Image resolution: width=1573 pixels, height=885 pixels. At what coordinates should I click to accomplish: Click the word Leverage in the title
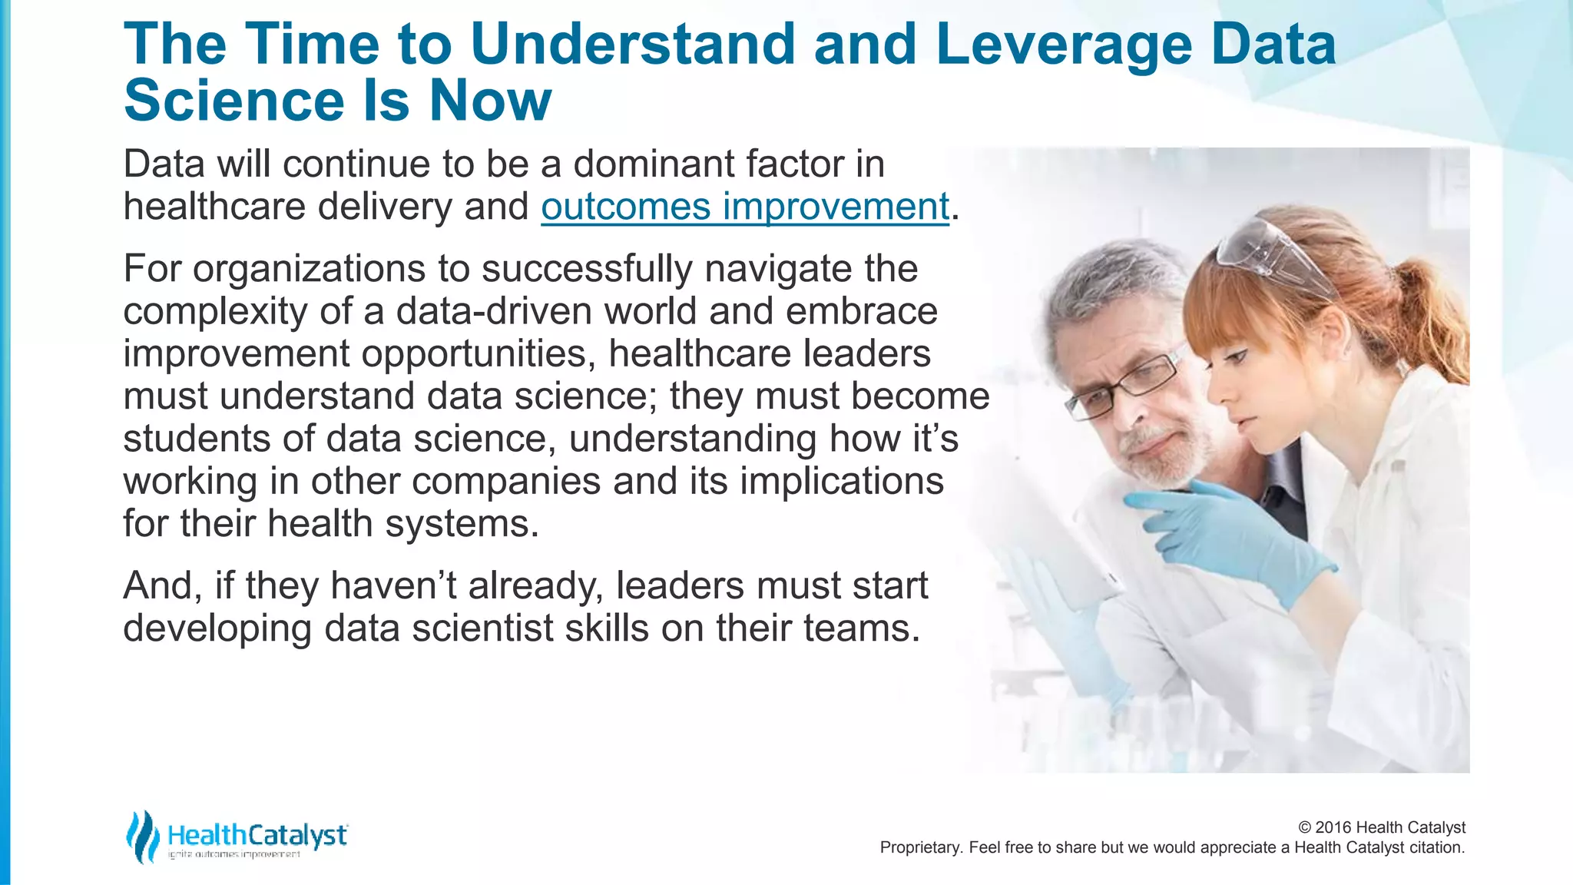pyautogui.click(x=1063, y=45)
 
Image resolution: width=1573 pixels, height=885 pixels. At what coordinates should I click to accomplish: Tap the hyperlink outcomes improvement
pyautogui.click(x=745, y=207)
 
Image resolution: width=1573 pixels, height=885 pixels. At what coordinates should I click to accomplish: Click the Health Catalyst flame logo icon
pyautogui.click(x=142, y=837)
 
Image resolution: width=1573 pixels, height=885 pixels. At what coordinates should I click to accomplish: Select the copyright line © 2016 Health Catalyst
pyautogui.click(x=1381, y=827)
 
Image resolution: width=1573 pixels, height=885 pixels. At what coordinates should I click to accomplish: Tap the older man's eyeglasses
pyautogui.click(x=1129, y=385)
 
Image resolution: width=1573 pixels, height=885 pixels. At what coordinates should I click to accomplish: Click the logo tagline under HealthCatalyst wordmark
pyautogui.click(x=234, y=854)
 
